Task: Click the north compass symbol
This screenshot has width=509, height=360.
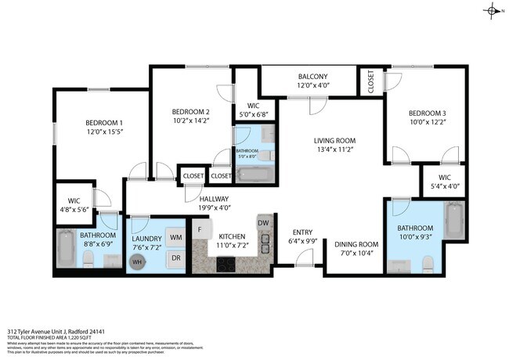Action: [x=492, y=10]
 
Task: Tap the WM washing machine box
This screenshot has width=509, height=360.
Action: [x=176, y=237]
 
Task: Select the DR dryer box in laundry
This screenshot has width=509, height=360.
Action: [x=176, y=257]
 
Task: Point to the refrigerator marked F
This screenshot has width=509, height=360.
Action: [x=200, y=230]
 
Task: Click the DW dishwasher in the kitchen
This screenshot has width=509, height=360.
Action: [x=263, y=224]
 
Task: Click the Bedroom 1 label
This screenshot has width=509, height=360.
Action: [x=104, y=124]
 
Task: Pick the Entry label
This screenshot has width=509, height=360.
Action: [x=303, y=232]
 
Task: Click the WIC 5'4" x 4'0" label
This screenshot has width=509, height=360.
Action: [x=444, y=177]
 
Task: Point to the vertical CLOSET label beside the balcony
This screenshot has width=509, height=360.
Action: [x=370, y=81]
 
